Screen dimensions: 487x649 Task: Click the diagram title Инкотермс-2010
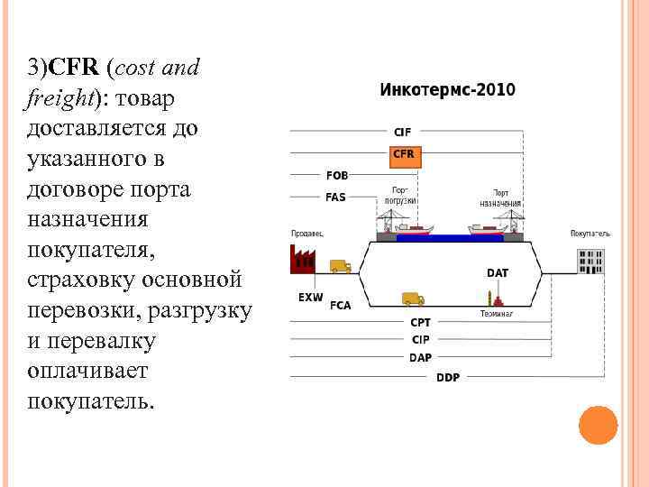[447, 89]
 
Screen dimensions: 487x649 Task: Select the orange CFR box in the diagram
[404, 155]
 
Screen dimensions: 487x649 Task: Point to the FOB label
[337, 176]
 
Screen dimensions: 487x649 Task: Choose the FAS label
[335, 197]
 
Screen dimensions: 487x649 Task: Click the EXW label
[310, 297]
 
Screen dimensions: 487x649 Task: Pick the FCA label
[341, 305]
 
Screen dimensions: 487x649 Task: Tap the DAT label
[497, 273]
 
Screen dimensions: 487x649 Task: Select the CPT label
[420, 322]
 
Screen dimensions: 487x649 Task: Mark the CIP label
[420, 339]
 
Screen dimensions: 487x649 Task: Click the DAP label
[420, 357]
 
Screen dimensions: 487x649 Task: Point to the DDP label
[448, 377]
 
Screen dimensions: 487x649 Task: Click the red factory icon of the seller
[301, 260]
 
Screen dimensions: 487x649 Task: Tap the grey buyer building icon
[590, 261]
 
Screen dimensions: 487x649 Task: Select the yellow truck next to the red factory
[340, 266]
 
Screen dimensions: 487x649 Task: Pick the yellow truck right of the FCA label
[412, 299]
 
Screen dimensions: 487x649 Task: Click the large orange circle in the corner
[598, 425]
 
